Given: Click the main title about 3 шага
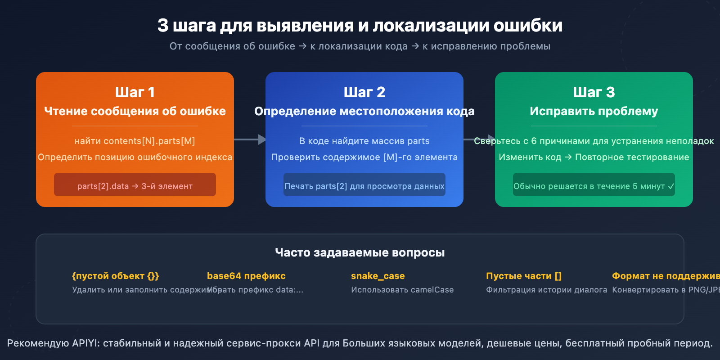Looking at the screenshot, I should coord(360,26).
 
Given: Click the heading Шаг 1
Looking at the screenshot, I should coord(135,92).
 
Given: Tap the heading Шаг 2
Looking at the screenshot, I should coord(364,92).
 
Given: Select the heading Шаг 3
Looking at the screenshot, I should coord(594,92).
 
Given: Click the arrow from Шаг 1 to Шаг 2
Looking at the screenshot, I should coord(250,139).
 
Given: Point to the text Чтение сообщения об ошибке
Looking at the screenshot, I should coord(135,111).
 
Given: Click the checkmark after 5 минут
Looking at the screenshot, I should coord(671,186).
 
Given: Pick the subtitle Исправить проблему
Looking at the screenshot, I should coord(594,111).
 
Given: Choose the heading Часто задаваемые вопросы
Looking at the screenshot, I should coord(360,252).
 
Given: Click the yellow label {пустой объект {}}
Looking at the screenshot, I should coord(116,276).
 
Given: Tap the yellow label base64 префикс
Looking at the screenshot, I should coord(246,276).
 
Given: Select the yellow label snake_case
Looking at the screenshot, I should coord(378,276).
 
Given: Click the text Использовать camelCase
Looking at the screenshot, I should coord(402,290).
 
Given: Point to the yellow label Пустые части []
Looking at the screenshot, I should coord(524,276).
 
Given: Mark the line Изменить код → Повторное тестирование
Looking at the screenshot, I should coord(594,157).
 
